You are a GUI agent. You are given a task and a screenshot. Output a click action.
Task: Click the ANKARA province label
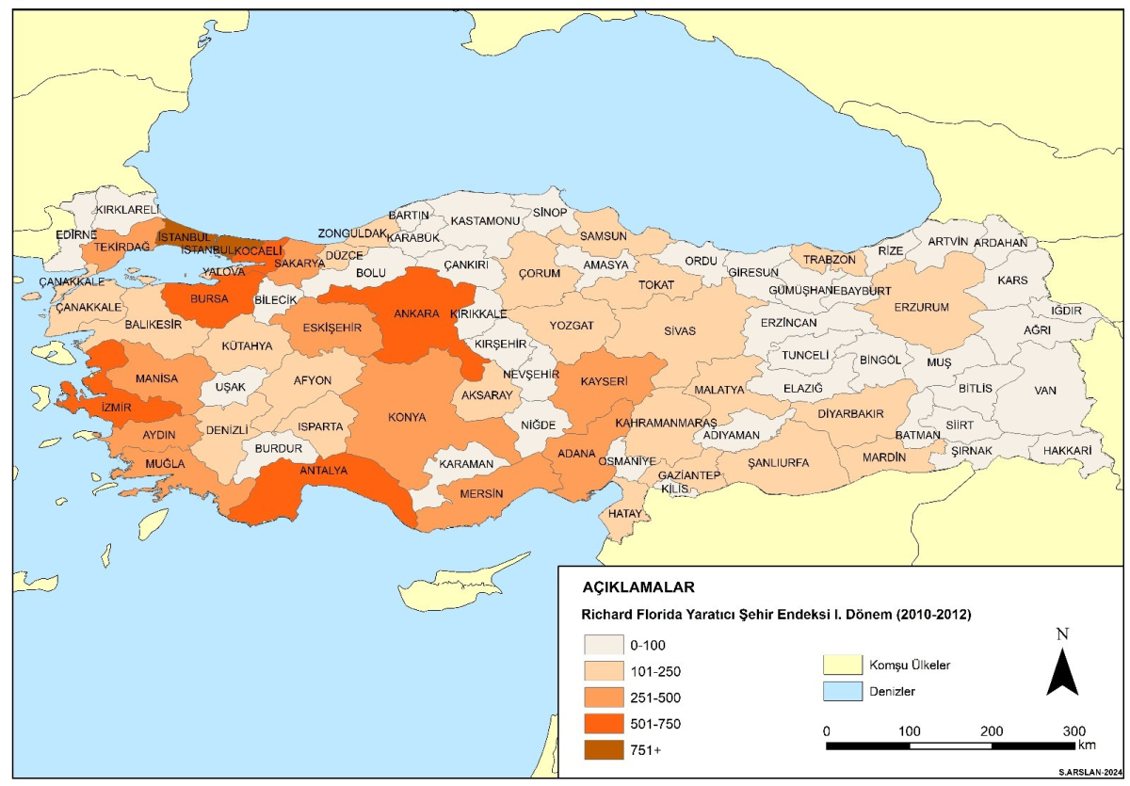tap(417, 313)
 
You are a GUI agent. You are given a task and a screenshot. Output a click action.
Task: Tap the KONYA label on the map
tap(407, 417)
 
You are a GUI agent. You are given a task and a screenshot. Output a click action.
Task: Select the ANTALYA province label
tap(324, 471)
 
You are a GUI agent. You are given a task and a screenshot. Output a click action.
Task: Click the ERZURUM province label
tap(921, 307)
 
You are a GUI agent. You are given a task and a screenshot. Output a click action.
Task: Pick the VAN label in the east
tap(1045, 390)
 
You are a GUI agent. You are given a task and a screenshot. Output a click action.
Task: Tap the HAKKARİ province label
tap(1066, 452)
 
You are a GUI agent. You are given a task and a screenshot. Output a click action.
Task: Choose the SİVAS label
tap(679, 331)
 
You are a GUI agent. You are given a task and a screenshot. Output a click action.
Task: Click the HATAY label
tap(624, 514)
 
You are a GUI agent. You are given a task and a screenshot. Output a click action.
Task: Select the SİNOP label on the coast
tap(550, 213)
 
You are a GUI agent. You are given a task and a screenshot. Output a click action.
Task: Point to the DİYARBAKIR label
tap(850, 413)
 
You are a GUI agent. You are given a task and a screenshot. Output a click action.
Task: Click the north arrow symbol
tap(1062, 670)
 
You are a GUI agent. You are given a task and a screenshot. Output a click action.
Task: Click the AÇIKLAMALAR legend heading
tap(638, 587)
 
